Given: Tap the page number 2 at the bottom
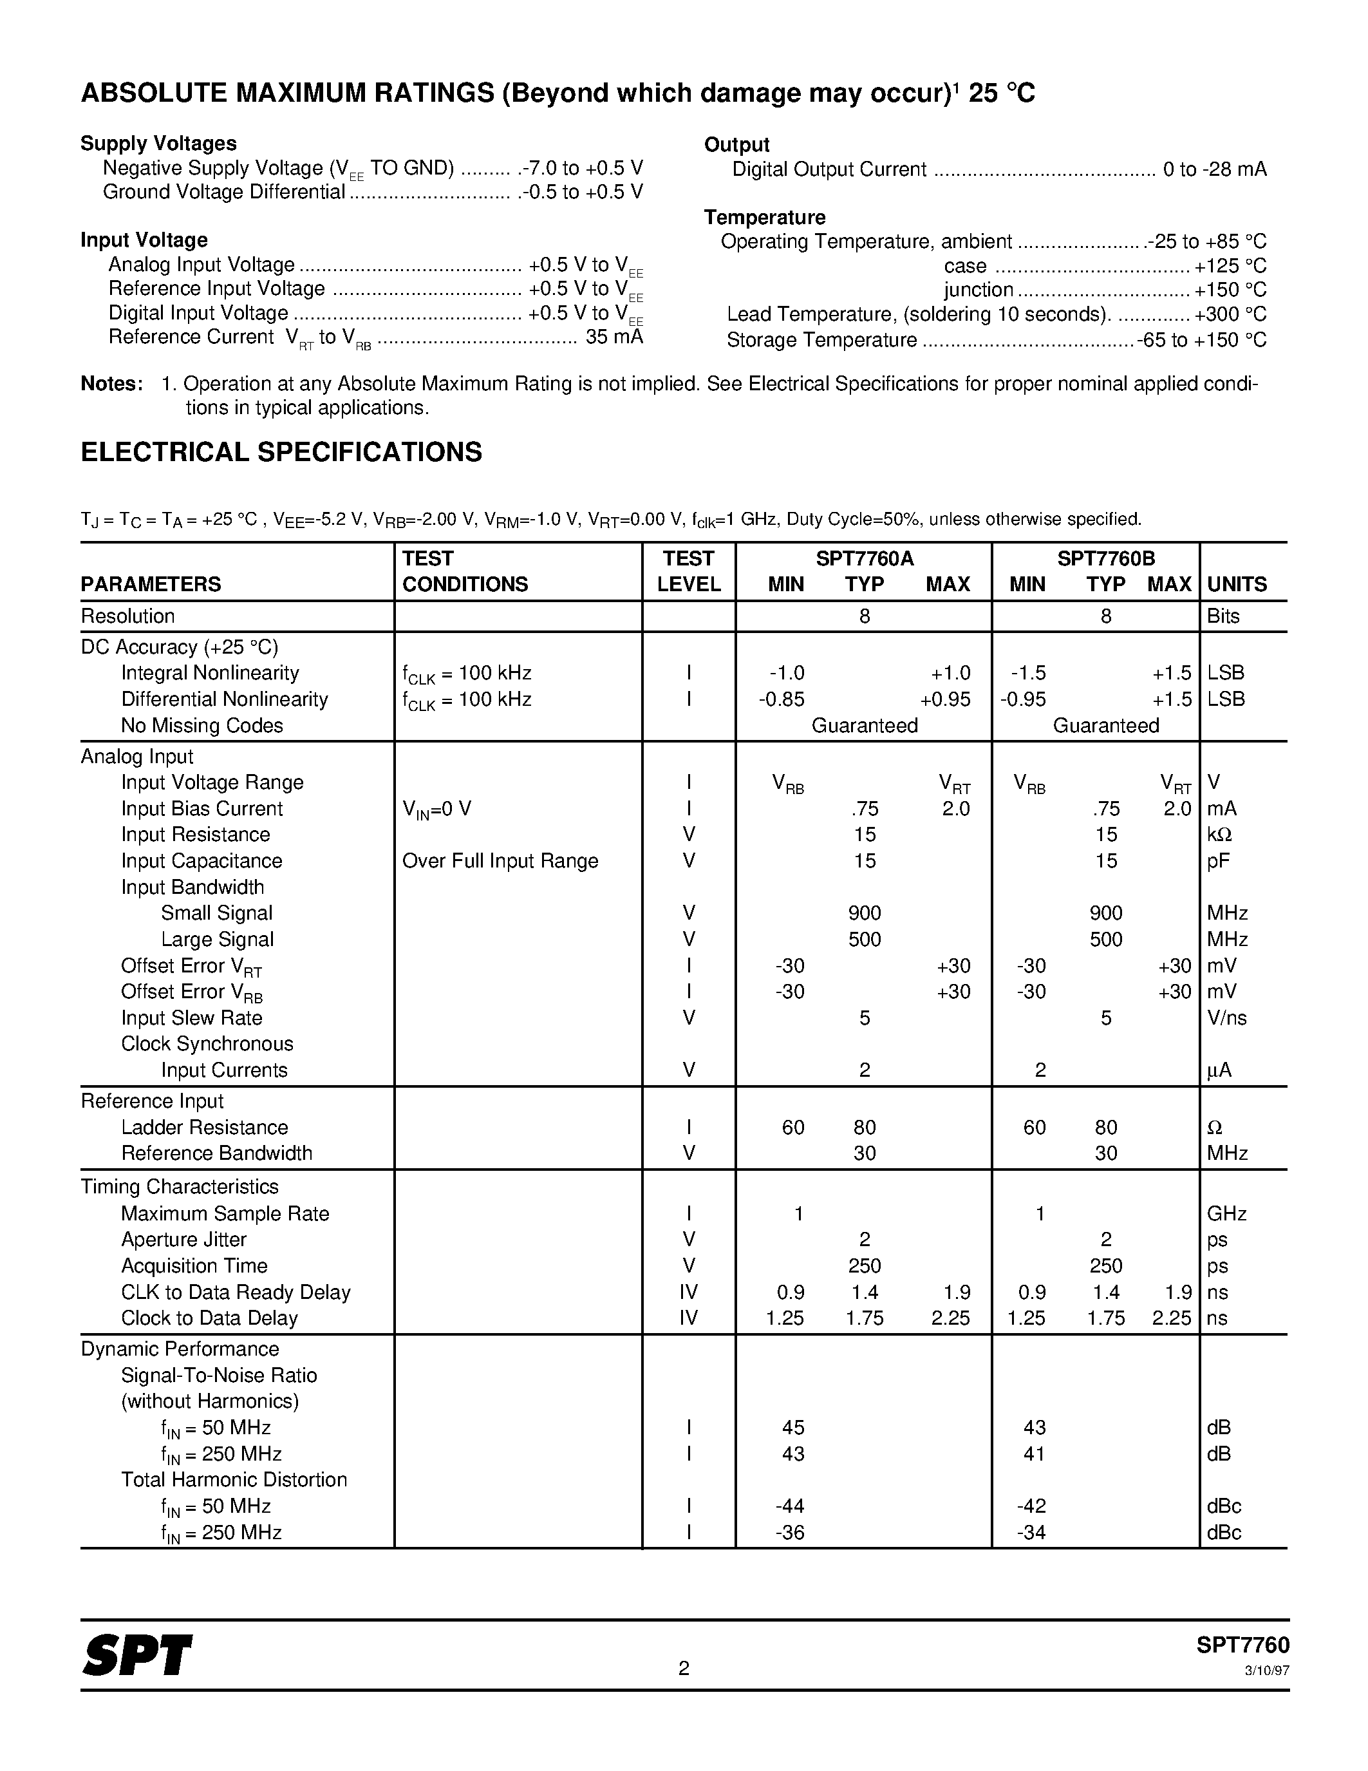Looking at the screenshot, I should pos(683,1667).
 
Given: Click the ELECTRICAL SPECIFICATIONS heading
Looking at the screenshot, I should pos(281,451).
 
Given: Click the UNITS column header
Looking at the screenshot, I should pos(1237,584).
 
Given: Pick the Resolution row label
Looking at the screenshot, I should pos(128,616).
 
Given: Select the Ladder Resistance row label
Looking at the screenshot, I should pos(204,1127).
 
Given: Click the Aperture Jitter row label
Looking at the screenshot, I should pos(184,1239).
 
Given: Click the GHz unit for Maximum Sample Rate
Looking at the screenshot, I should pos(1226,1213).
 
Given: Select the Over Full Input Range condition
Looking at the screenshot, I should pos(500,860).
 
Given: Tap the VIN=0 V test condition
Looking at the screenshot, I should pos(436,810).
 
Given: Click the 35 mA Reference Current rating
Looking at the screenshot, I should pos(614,337).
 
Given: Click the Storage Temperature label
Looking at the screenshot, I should pos(821,340).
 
